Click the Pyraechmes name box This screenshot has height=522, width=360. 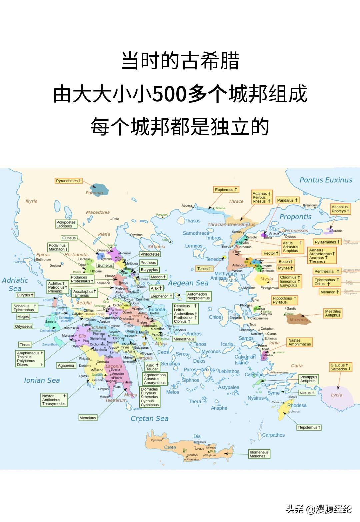coord(69,181)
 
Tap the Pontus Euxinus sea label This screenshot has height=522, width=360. coord(326,180)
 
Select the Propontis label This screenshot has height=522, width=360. coord(295,217)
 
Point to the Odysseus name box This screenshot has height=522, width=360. coord(24,326)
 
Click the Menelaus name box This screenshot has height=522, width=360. coord(88,418)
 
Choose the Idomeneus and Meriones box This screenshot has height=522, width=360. coord(259,454)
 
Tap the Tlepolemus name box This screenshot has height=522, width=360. coord(309,427)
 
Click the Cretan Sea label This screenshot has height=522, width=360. coord(149,419)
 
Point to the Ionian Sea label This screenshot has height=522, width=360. coord(42,380)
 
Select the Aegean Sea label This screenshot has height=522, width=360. coord(188,283)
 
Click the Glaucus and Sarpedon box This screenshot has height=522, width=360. coord(340,367)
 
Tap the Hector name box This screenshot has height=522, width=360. coord(270,253)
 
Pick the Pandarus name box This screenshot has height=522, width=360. coord(287,200)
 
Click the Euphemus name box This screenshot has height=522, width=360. coord(226,190)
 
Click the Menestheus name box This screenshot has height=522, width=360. coord(184,339)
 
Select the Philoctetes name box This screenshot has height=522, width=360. coord(150,254)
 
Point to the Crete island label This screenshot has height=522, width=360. coord(170,447)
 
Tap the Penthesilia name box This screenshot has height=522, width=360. coord(326,271)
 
